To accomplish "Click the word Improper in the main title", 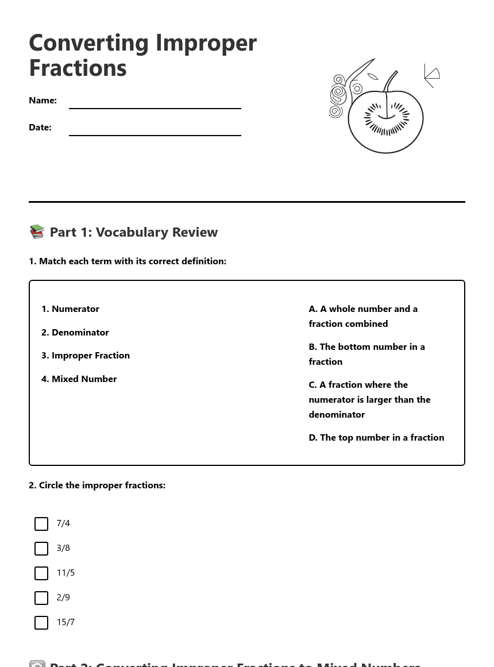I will coord(206,44).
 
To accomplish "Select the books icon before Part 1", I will coord(37,232).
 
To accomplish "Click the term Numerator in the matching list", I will coord(75,309).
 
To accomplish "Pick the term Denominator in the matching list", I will coord(80,333).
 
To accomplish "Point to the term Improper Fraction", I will coord(90,356).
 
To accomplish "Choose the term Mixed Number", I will coord(84,379).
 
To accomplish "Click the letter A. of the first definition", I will coord(313,309).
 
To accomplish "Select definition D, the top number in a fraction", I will coord(376,438).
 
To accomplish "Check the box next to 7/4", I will coord(41,524).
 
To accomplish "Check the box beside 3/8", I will coord(41,549).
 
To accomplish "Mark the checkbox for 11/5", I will coord(41,573).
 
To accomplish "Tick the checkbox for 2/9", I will coord(41,598).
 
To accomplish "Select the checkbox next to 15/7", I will coord(41,623).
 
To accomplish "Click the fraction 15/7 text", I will coord(65,622).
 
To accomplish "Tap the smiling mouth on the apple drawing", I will coord(386,117).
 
